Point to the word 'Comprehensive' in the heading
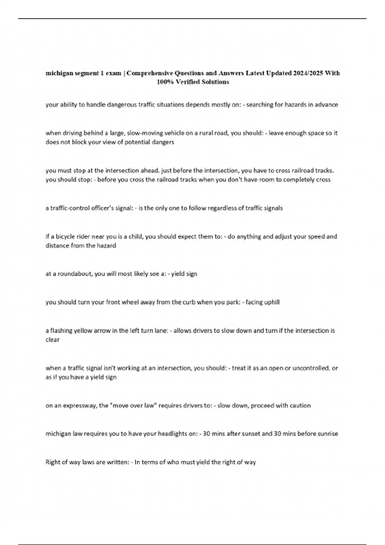[x=149, y=73]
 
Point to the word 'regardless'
[x=221, y=208]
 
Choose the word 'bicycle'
[x=66, y=237]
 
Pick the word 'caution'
[x=300, y=406]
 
